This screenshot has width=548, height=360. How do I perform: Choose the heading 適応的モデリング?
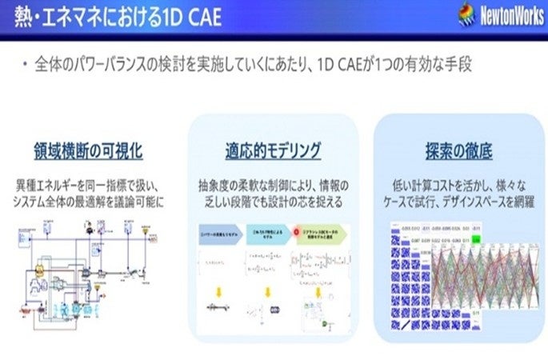(x=274, y=150)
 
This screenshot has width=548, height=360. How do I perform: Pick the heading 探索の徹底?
(x=458, y=150)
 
